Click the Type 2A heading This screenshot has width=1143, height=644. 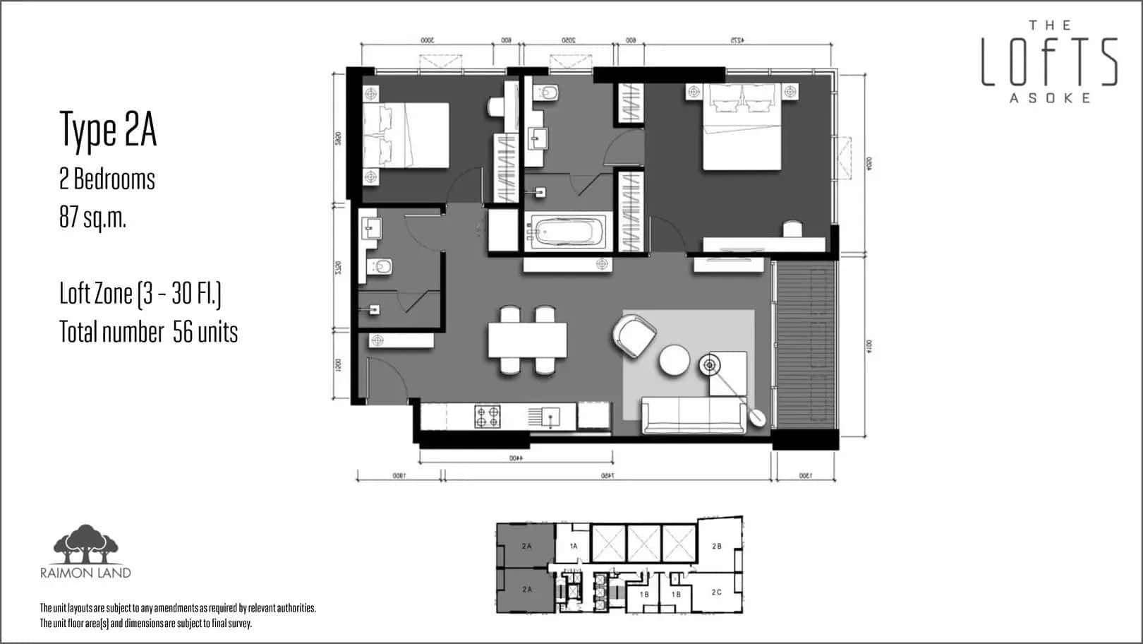click(x=108, y=130)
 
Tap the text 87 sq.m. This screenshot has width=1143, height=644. click(x=92, y=218)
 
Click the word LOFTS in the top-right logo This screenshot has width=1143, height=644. click(x=1049, y=61)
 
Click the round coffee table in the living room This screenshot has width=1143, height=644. click(x=675, y=361)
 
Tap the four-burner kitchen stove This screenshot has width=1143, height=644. click(x=487, y=417)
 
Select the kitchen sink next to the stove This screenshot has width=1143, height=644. click(x=545, y=417)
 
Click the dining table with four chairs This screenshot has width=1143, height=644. click(x=527, y=340)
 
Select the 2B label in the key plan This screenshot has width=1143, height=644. click(x=717, y=547)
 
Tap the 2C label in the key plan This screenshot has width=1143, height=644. click(x=716, y=592)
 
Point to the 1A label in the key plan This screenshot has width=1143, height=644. click(x=574, y=546)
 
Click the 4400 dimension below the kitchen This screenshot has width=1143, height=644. click(x=515, y=458)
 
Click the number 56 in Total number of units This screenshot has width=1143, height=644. click(x=183, y=332)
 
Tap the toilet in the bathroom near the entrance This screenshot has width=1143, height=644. click(x=382, y=267)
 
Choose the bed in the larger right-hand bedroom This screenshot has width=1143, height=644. click(x=742, y=131)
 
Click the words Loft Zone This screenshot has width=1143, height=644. click(x=96, y=294)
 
